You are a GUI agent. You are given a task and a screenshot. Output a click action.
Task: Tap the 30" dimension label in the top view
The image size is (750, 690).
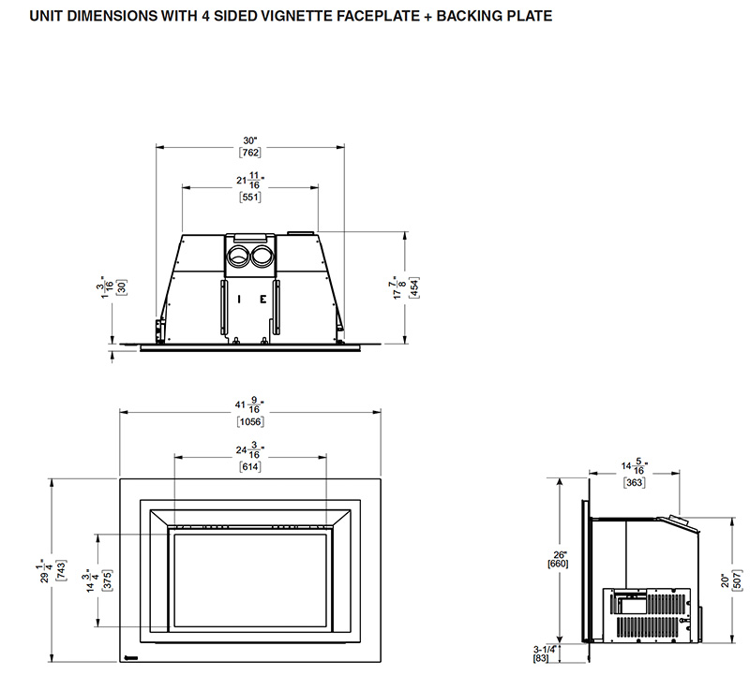click(x=249, y=140)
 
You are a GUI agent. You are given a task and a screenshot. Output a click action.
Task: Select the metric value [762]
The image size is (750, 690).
click(x=250, y=153)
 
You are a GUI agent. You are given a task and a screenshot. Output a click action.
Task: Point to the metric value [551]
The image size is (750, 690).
click(x=250, y=197)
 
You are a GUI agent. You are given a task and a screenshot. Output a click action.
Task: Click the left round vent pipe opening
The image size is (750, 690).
click(x=238, y=257)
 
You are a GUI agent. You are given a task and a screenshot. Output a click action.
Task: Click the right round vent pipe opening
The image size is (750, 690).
click(x=262, y=257)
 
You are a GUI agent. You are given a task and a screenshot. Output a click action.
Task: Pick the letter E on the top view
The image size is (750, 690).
click(x=263, y=300)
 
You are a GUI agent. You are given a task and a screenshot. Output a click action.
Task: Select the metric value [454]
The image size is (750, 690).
click(x=414, y=287)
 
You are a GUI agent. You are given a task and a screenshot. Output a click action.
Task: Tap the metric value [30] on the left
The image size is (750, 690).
click(x=122, y=287)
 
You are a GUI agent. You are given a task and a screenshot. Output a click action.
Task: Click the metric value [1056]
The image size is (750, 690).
click(x=250, y=421)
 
